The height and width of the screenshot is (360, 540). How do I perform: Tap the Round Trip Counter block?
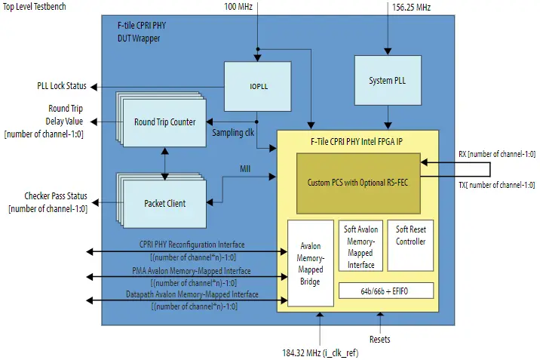point(164,122)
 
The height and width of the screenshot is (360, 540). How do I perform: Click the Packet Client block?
point(165,203)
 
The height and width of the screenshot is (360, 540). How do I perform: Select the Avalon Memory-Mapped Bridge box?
point(310,263)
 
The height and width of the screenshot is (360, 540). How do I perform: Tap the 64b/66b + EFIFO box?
point(386,291)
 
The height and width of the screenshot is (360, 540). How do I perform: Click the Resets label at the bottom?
point(380,340)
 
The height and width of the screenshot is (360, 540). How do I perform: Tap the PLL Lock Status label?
point(61,85)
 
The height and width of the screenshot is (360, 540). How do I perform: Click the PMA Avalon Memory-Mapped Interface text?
point(196,270)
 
